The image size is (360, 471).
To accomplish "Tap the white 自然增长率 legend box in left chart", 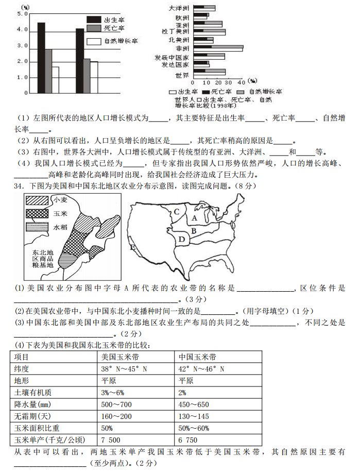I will [x=94, y=41].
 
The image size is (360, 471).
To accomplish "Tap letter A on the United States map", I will [x=194, y=218].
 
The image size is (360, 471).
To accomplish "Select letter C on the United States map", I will [x=176, y=211].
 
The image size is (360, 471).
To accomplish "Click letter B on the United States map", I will [x=193, y=230].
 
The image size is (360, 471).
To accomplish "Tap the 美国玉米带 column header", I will [x=118, y=357].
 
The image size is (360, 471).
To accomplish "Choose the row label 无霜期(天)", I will [x=31, y=416].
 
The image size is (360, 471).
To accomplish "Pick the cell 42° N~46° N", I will [x=201, y=368].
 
